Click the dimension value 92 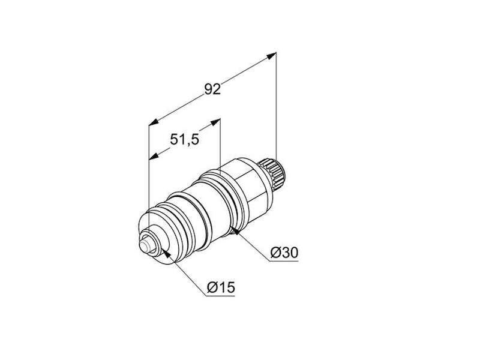click(x=212, y=89)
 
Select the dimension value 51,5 click(x=184, y=140)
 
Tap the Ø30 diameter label click(x=284, y=253)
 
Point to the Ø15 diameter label click(x=221, y=287)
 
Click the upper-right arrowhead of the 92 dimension click(x=272, y=56)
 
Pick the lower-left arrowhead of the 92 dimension click(x=154, y=122)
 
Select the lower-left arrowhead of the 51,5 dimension click(x=154, y=156)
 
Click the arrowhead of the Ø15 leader click(x=166, y=253)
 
